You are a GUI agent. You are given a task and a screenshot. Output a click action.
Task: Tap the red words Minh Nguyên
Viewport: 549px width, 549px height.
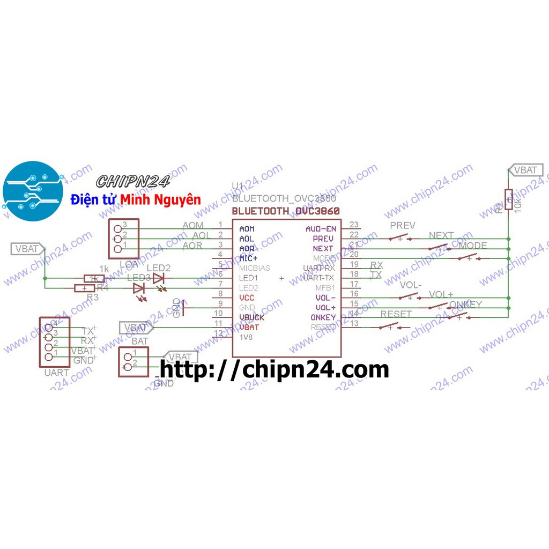[160, 200]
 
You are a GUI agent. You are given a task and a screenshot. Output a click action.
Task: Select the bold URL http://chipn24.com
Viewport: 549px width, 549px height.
[274, 369]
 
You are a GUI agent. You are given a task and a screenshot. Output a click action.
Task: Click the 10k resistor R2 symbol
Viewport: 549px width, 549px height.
[508, 200]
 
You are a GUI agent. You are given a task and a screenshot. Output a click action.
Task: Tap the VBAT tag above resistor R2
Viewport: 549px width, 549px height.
[525, 170]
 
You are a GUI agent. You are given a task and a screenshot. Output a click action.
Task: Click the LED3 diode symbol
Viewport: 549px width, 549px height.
[139, 288]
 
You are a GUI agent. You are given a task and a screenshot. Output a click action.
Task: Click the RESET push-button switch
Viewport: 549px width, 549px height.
[394, 326]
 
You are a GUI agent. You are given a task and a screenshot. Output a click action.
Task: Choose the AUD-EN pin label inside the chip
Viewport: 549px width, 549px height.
[321, 229]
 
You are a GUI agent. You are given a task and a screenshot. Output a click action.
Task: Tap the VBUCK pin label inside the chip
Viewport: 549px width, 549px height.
[251, 317]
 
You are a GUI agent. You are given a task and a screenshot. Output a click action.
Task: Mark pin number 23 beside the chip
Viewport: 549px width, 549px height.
[354, 225]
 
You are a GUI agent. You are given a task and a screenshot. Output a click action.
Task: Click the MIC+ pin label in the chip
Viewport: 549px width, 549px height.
[248, 258]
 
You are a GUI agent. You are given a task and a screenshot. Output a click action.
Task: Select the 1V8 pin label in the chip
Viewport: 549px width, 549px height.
[246, 337]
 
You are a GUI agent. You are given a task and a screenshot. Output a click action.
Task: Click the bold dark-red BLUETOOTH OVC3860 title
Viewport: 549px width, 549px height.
[286, 211]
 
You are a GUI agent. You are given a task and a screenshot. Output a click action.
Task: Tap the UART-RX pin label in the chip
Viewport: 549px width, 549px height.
[318, 268]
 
